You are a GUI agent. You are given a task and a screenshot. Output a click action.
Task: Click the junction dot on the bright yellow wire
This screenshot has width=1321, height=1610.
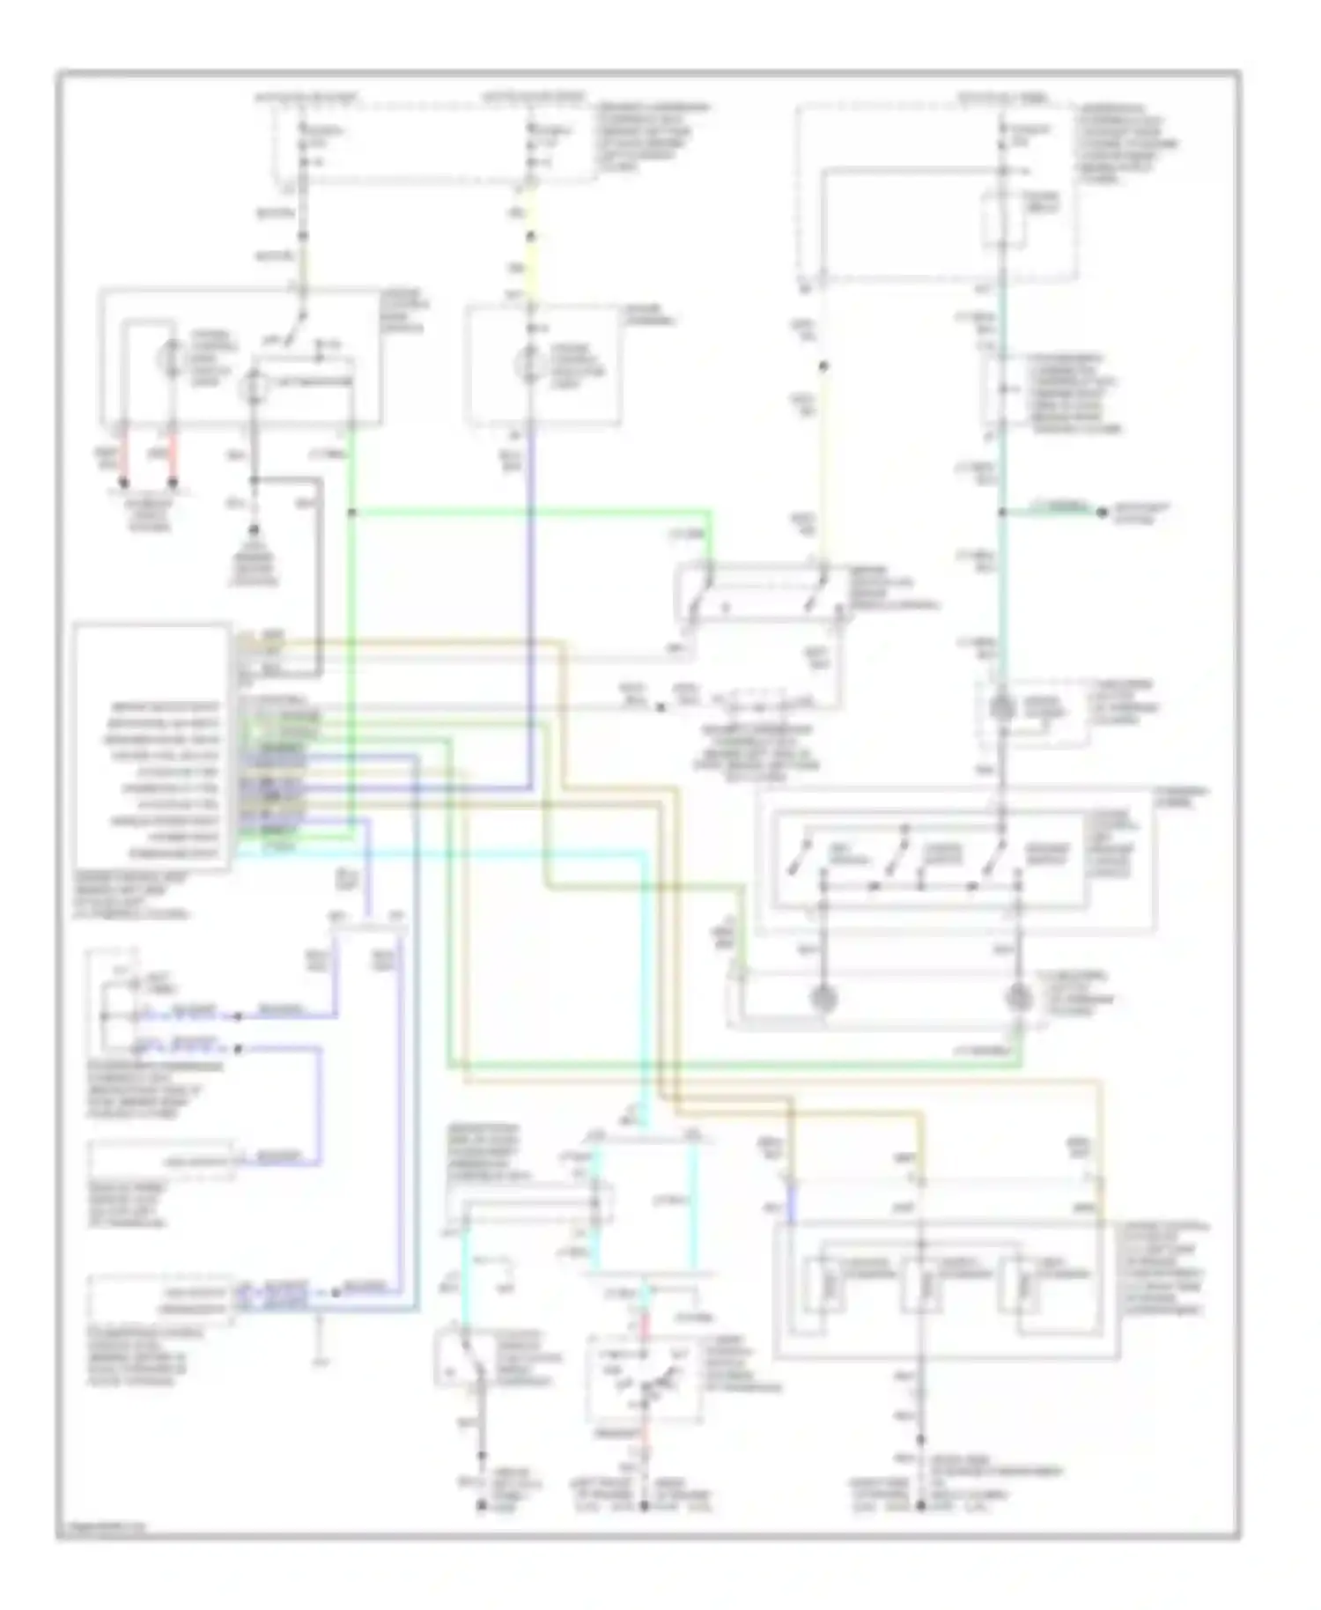(x=531, y=236)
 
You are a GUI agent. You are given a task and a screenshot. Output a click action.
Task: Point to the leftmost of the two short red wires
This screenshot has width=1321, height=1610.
(x=124, y=460)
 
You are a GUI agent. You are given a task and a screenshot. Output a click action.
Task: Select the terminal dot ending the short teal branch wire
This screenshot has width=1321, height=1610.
(x=1101, y=511)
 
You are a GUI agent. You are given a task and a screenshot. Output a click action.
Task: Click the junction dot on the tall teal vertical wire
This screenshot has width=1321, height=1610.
(x=1002, y=511)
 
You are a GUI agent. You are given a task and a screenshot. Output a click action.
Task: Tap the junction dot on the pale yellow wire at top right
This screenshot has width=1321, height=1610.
(x=823, y=366)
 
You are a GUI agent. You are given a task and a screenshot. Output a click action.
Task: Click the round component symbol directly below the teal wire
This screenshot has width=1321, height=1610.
(x=1002, y=707)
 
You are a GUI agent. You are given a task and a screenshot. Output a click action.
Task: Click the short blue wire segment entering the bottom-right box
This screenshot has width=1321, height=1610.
(x=791, y=1205)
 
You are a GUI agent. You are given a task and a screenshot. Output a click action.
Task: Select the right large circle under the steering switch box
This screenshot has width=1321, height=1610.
(x=1019, y=998)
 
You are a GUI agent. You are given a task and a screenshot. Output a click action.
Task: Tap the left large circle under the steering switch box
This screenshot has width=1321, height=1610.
(x=825, y=998)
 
